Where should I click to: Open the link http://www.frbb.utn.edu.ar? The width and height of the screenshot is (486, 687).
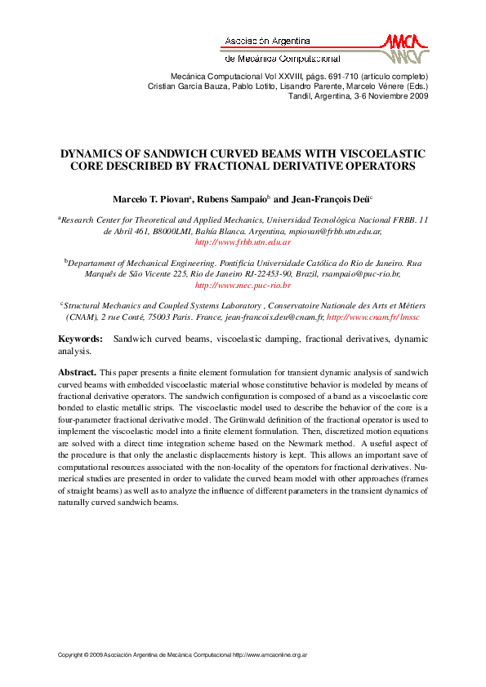[243, 242]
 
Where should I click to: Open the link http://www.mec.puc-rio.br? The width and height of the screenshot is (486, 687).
[243, 286]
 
